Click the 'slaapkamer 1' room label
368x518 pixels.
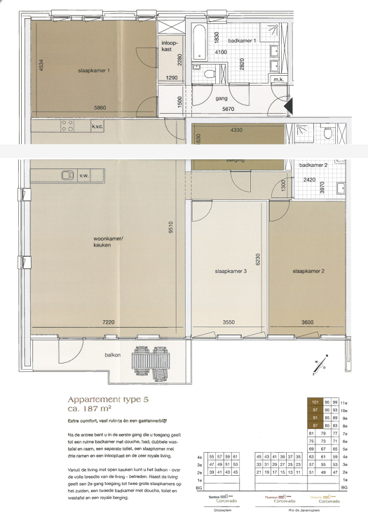pyautogui.click(x=94, y=70)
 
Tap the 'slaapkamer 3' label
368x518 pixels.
pyautogui.click(x=231, y=270)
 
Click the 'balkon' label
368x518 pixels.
pyautogui.click(x=114, y=355)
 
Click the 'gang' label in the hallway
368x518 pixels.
pyautogui.click(x=222, y=98)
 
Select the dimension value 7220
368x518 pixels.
pyautogui.click(x=109, y=322)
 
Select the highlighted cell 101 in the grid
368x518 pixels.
pyautogui.click(x=315, y=401)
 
